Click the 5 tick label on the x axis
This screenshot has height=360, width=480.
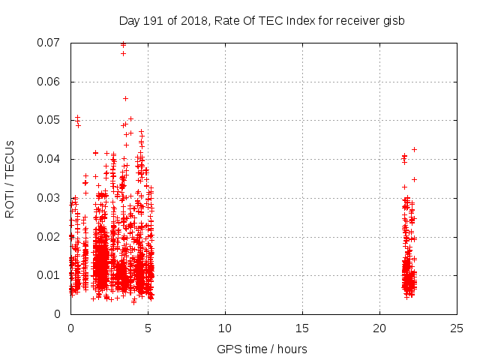coord(148,328)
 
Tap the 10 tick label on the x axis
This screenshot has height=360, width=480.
coord(225,328)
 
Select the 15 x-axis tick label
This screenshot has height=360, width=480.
coord(302,328)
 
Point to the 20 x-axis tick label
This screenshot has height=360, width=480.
coord(379,328)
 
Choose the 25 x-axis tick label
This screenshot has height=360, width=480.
coord(457,328)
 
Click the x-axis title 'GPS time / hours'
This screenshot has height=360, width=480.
coord(262,349)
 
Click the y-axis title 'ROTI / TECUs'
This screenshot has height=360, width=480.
coord(10,178)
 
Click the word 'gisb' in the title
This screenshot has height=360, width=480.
coord(393,20)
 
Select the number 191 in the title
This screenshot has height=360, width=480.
coord(155,20)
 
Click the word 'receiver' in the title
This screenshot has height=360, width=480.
coord(355,20)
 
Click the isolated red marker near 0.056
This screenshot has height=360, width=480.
coord(125,98)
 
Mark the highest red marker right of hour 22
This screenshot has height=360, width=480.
coord(414,149)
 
